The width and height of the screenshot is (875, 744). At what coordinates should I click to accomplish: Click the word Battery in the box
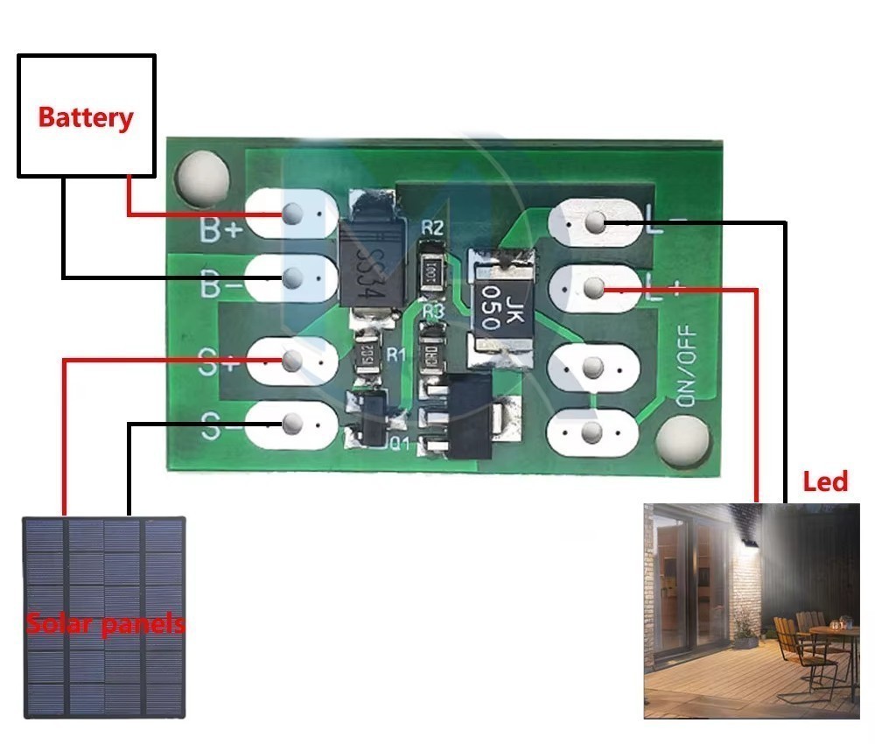tap(86, 117)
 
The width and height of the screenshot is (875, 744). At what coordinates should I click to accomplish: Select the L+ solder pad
tap(594, 287)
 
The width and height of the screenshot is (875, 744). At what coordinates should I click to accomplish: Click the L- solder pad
tap(596, 223)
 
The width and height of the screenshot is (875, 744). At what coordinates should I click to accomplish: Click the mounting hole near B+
tap(201, 175)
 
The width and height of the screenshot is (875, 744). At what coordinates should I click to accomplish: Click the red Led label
tap(825, 481)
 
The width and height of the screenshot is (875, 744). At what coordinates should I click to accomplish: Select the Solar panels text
tap(105, 624)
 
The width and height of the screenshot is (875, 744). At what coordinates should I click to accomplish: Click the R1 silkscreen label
tap(395, 354)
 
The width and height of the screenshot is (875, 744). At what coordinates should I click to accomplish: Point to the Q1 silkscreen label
tap(398, 443)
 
